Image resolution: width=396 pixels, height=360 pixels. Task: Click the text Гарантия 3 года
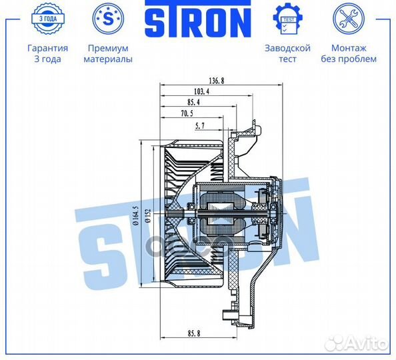tap(47, 53)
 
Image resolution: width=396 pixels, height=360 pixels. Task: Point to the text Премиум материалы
tap(107, 53)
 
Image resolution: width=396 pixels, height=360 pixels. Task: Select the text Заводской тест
tap(288, 53)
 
